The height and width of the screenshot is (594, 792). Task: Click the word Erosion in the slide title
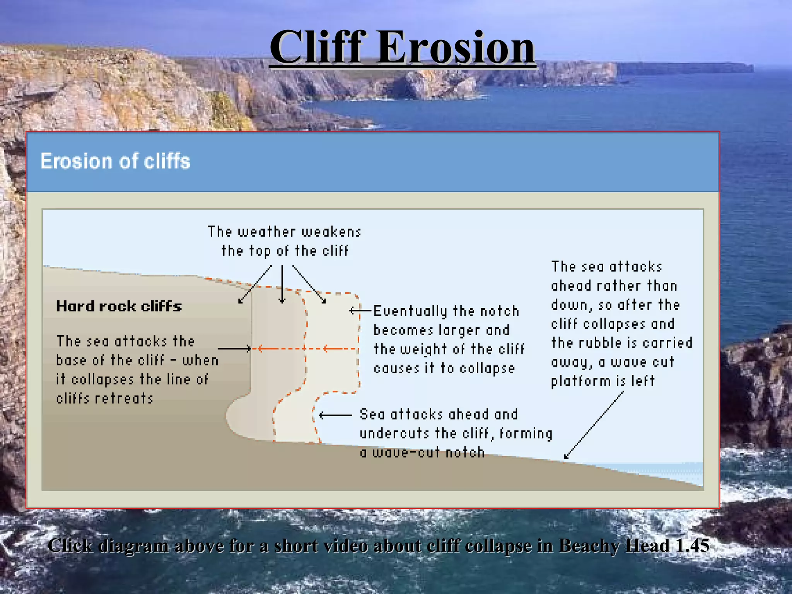456,48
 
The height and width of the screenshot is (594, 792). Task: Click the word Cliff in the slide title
318,48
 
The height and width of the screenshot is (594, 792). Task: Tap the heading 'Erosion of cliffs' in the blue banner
115,161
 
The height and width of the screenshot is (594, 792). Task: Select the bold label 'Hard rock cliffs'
119,306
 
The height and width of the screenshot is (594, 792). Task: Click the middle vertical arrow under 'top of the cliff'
282,284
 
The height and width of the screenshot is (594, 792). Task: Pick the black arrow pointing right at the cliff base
234,349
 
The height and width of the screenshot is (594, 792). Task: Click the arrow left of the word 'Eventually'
360,311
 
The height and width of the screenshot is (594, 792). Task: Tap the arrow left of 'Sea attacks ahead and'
335,416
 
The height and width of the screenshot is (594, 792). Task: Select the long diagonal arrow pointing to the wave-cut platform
594,425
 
